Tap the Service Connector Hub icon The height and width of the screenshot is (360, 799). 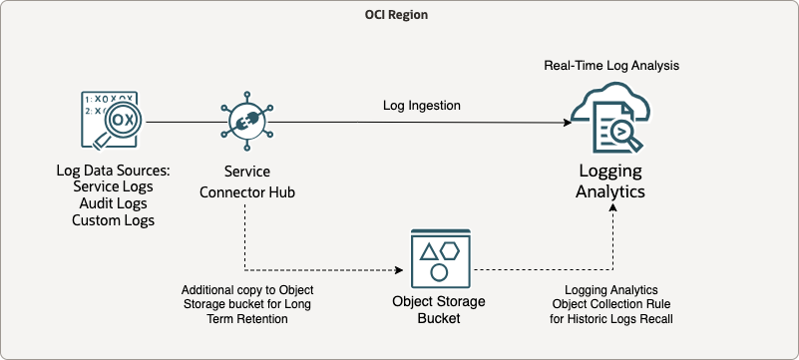click(244, 122)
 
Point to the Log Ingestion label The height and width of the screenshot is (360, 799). click(423, 105)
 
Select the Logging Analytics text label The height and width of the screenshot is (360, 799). click(612, 181)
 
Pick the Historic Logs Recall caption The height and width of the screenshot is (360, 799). click(612, 318)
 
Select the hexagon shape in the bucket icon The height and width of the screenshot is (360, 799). click(452, 250)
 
